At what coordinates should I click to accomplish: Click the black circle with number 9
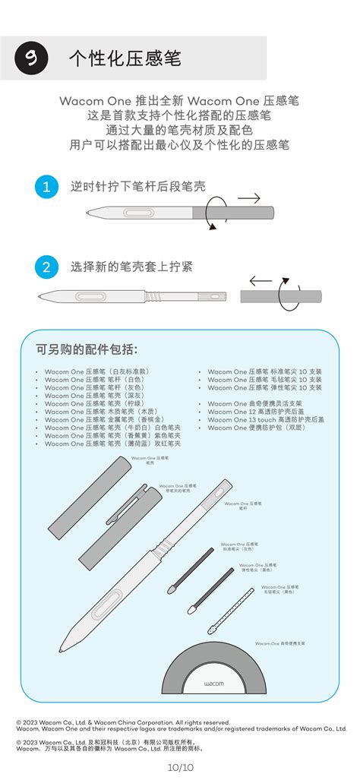tap(31, 58)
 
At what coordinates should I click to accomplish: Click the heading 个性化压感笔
tap(125, 58)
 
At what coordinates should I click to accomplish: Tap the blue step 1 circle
tap(46, 187)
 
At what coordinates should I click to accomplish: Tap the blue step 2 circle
tap(46, 267)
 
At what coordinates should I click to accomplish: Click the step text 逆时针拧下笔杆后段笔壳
tap(137, 186)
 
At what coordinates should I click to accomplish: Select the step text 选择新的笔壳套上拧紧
tap(131, 267)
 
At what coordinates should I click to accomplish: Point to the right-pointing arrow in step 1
tap(248, 198)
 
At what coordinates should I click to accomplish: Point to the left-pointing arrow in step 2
tap(261, 280)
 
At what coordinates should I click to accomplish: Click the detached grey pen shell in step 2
tap(280, 297)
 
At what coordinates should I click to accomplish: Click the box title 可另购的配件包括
tap(87, 349)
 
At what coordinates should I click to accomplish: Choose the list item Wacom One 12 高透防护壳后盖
tap(266, 411)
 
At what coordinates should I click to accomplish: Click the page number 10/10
tap(180, 768)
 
